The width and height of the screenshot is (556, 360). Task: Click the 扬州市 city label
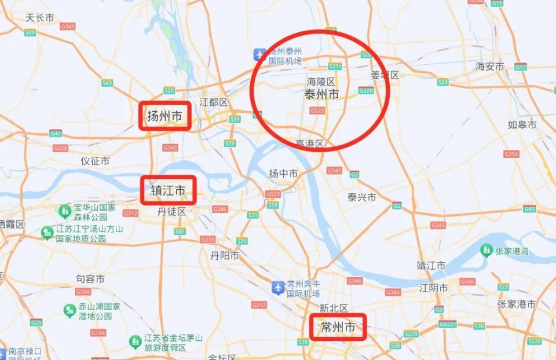pyautogui.click(x=164, y=116)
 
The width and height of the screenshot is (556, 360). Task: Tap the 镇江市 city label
pyautogui.click(x=168, y=190)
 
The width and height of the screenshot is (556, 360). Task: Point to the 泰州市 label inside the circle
pyautogui.click(x=321, y=94)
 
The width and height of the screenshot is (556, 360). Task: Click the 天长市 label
pyautogui.click(x=40, y=18)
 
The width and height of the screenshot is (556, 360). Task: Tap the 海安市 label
pyautogui.click(x=490, y=67)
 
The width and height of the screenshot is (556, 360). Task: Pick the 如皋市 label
pyautogui.click(x=522, y=124)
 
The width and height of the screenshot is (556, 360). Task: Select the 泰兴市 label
pyautogui.click(x=362, y=197)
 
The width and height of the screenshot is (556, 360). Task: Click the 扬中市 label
pyautogui.click(x=284, y=174)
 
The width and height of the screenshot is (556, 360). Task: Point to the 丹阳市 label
pyautogui.click(x=225, y=255)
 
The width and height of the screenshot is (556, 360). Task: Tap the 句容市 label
pyautogui.click(x=90, y=279)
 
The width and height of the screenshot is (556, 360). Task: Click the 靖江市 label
pyautogui.click(x=431, y=266)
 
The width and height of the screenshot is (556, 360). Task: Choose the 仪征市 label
pyautogui.click(x=95, y=161)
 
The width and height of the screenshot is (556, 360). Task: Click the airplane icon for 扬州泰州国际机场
pyautogui.click(x=259, y=55)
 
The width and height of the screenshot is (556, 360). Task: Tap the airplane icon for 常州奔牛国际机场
pyautogui.click(x=279, y=286)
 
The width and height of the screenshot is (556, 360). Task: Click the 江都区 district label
pyautogui.click(x=214, y=102)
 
